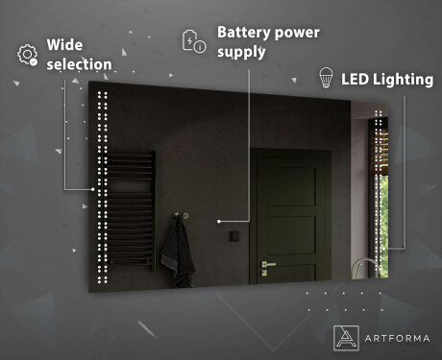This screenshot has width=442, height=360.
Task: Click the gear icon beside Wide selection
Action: click(x=27, y=55)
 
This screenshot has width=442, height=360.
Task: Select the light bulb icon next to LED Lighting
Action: click(x=326, y=79)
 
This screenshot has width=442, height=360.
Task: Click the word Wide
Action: click(x=65, y=45)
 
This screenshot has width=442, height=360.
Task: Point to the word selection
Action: click(x=80, y=65)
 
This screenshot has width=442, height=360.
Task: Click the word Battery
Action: click(x=244, y=31)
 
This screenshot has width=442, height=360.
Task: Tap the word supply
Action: click(x=242, y=52)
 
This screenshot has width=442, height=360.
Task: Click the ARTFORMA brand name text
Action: click(x=396, y=335)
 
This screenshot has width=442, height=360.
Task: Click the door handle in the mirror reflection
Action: click(x=269, y=262)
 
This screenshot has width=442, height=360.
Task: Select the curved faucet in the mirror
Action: click(x=363, y=265)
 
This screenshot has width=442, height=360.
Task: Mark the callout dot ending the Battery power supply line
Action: click(x=220, y=221)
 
